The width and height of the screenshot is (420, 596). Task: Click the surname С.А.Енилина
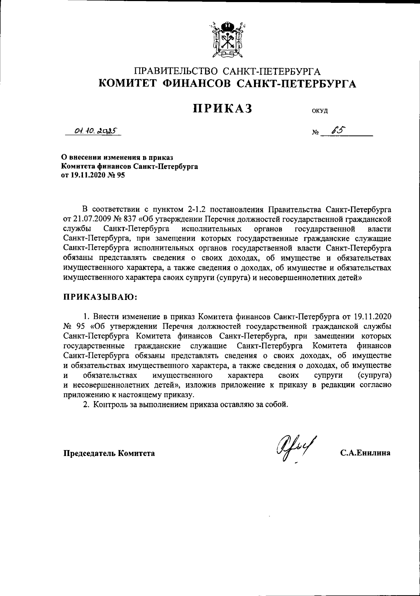click(365, 453)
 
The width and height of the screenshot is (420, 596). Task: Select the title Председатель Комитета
click(109, 453)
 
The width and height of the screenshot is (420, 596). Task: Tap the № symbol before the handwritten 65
click(314, 133)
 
